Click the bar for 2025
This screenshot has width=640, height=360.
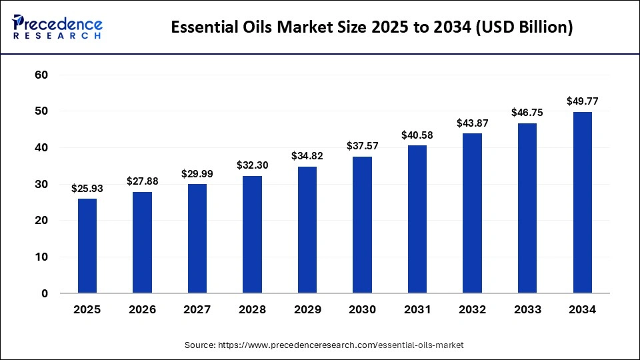(x=87, y=245)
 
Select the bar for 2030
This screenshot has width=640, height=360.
(x=362, y=225)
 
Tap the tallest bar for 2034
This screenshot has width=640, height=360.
(x=582, y=202)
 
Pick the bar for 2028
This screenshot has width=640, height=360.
(x=252, y=234)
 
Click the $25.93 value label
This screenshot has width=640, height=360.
(x=87, y=189)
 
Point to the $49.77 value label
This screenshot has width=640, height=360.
(x=582, y=101)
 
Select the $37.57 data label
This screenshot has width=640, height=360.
(x=362, y=146)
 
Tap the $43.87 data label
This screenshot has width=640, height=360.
(x=472, y=123)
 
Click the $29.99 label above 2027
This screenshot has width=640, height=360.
(x=197, y=173)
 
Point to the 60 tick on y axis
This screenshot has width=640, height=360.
(x=41, y=75)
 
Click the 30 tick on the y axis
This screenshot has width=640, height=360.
(x=41, y=184)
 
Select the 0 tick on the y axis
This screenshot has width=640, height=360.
(x=45, y=293)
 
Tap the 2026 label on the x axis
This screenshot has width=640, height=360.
(x=142, y=310)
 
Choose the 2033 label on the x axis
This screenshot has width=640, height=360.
(x=527, y=310)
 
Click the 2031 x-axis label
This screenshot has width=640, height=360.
(x=417, y=310)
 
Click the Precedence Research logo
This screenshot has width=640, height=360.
(x=57, y=27)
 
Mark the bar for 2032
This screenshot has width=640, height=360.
(x=472, y=213)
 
